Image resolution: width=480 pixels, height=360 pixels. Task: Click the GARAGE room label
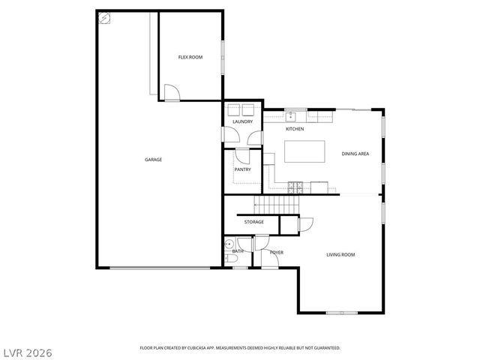153,159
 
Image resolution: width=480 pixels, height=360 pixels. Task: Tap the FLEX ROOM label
190,57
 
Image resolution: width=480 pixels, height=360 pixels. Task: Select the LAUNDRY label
242,121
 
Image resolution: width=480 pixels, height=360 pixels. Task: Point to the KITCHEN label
295,129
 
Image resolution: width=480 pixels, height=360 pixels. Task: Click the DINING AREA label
355,154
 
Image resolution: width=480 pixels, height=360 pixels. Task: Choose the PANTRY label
242,169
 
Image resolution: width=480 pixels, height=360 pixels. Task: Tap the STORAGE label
254,222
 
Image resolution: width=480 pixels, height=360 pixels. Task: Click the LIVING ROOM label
340,255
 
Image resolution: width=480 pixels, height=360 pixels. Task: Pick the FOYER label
277,252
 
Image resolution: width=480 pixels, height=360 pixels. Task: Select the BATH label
237,251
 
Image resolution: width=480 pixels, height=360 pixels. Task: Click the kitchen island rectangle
304,151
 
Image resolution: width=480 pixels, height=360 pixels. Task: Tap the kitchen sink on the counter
291,115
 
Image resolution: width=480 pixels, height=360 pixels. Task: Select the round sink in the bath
229,244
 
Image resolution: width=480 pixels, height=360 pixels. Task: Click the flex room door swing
171,92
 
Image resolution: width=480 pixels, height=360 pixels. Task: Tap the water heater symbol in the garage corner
105,19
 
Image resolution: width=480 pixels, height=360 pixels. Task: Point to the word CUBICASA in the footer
202,348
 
